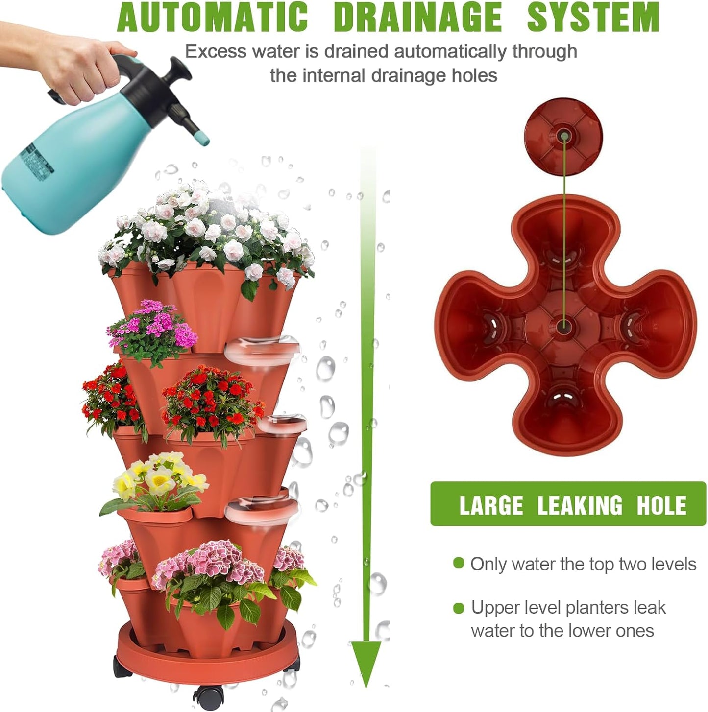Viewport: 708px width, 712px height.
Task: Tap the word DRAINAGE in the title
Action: (x=418, y=18)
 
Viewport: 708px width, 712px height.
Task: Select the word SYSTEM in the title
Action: (x=593, y=18)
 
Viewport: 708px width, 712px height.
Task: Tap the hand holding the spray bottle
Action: (x=78, y=69)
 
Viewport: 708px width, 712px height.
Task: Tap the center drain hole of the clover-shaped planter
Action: (x=563, y=325)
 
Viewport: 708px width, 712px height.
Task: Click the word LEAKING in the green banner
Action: (x=580, y=505)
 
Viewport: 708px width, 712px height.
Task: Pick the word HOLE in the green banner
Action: (x=661, y=505)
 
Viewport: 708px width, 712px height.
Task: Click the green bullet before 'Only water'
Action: (x=459, y=563)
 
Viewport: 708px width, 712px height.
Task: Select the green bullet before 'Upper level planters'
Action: (x=459, y=608)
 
